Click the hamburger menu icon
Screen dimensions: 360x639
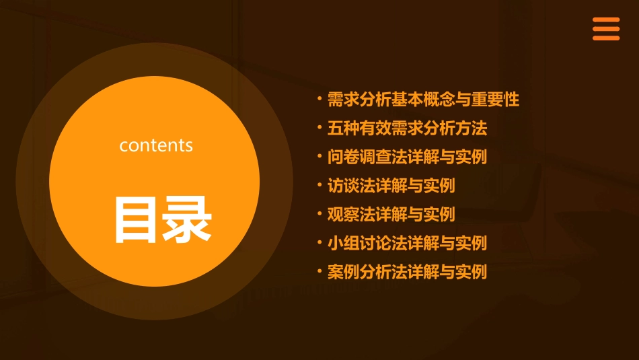tap(605, 29)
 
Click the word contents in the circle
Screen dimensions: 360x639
tap(156, 145)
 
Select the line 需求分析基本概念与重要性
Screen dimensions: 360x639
tap(423, 100)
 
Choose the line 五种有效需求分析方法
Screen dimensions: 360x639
tap(407, 128)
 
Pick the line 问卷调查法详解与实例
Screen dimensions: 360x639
tap(407, 157)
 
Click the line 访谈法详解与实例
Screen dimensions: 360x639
tap(391, 185)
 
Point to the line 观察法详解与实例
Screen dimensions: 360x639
tap(391, 214)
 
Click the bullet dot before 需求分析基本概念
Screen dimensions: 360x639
tap(319, 100)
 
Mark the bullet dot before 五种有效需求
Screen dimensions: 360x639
tap(319, 128)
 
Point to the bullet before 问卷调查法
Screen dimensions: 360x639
tap(319, 157)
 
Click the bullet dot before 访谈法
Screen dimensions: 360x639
tap(319, 185)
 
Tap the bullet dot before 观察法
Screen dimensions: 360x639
tap(319, 214)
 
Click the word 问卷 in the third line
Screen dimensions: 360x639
tap(343, 157)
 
